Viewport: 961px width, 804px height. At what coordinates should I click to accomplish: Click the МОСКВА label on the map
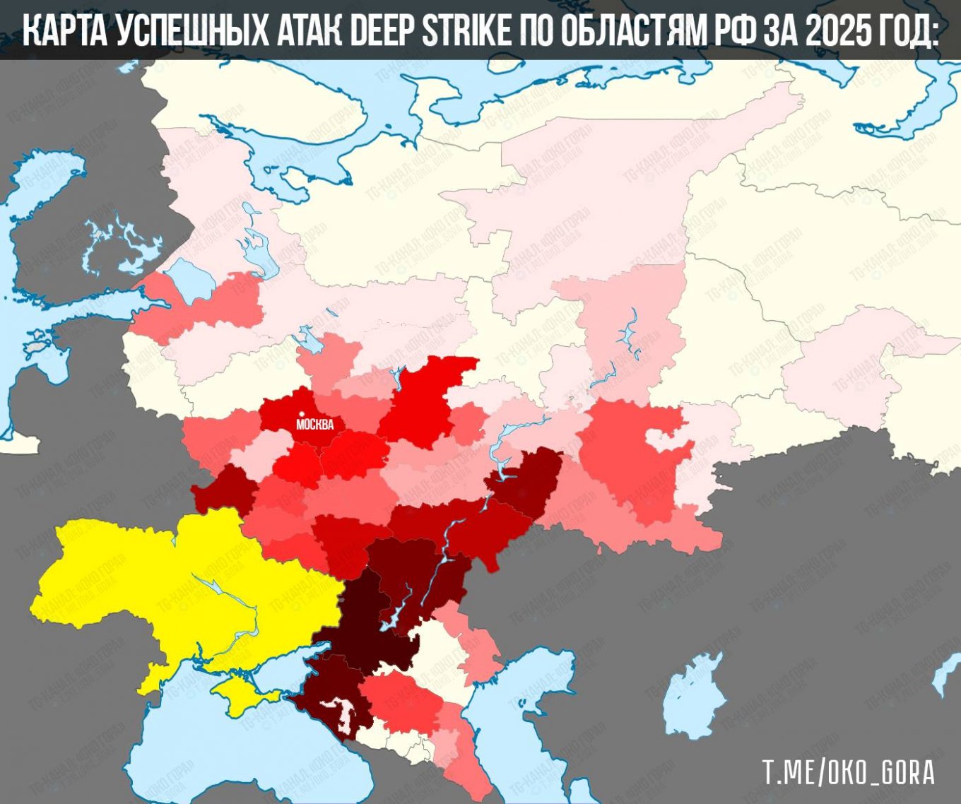click(x=314, y=425)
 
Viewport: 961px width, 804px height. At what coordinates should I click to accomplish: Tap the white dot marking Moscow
click(x=302, y=414)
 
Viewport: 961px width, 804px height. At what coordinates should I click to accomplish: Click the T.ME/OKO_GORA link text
click(x=848, y=772)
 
